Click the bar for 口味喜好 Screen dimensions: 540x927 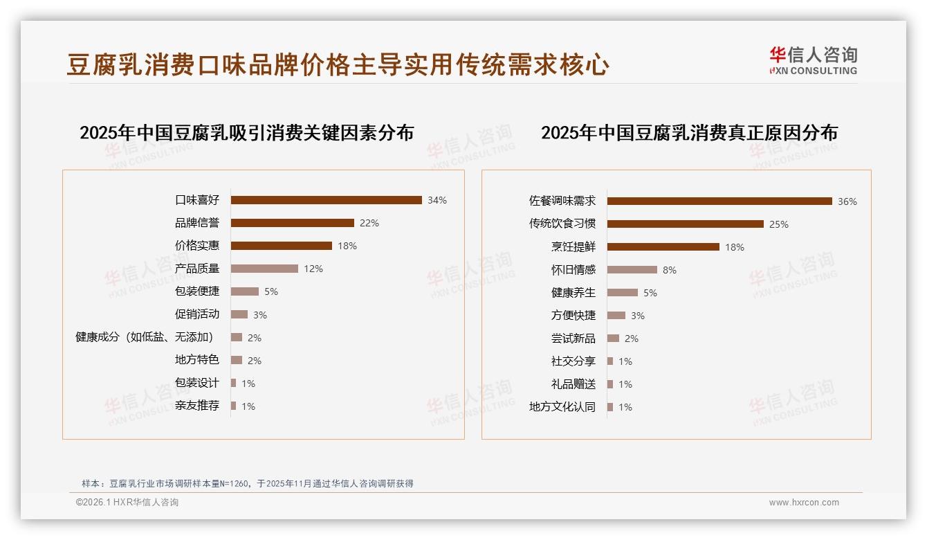326,200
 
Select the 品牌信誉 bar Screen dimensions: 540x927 292,223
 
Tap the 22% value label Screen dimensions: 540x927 369,223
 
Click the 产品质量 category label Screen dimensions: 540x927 197,269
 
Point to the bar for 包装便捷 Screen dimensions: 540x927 244,291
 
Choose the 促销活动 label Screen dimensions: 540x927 197,314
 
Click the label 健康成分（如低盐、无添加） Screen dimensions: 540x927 145,337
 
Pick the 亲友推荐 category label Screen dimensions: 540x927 197,406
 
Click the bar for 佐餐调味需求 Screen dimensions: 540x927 719,201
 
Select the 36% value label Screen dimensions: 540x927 847,201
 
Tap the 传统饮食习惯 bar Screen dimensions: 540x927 686,224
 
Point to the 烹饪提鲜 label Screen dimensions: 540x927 573,247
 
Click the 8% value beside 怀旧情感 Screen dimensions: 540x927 670,270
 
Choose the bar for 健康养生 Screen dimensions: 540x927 623,293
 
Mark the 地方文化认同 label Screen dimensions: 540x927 562,407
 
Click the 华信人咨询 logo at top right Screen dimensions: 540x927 813,60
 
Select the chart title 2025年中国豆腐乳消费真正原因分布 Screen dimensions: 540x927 689,133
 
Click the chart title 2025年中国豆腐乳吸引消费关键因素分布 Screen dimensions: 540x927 246,133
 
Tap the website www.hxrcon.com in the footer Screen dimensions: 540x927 804,503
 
